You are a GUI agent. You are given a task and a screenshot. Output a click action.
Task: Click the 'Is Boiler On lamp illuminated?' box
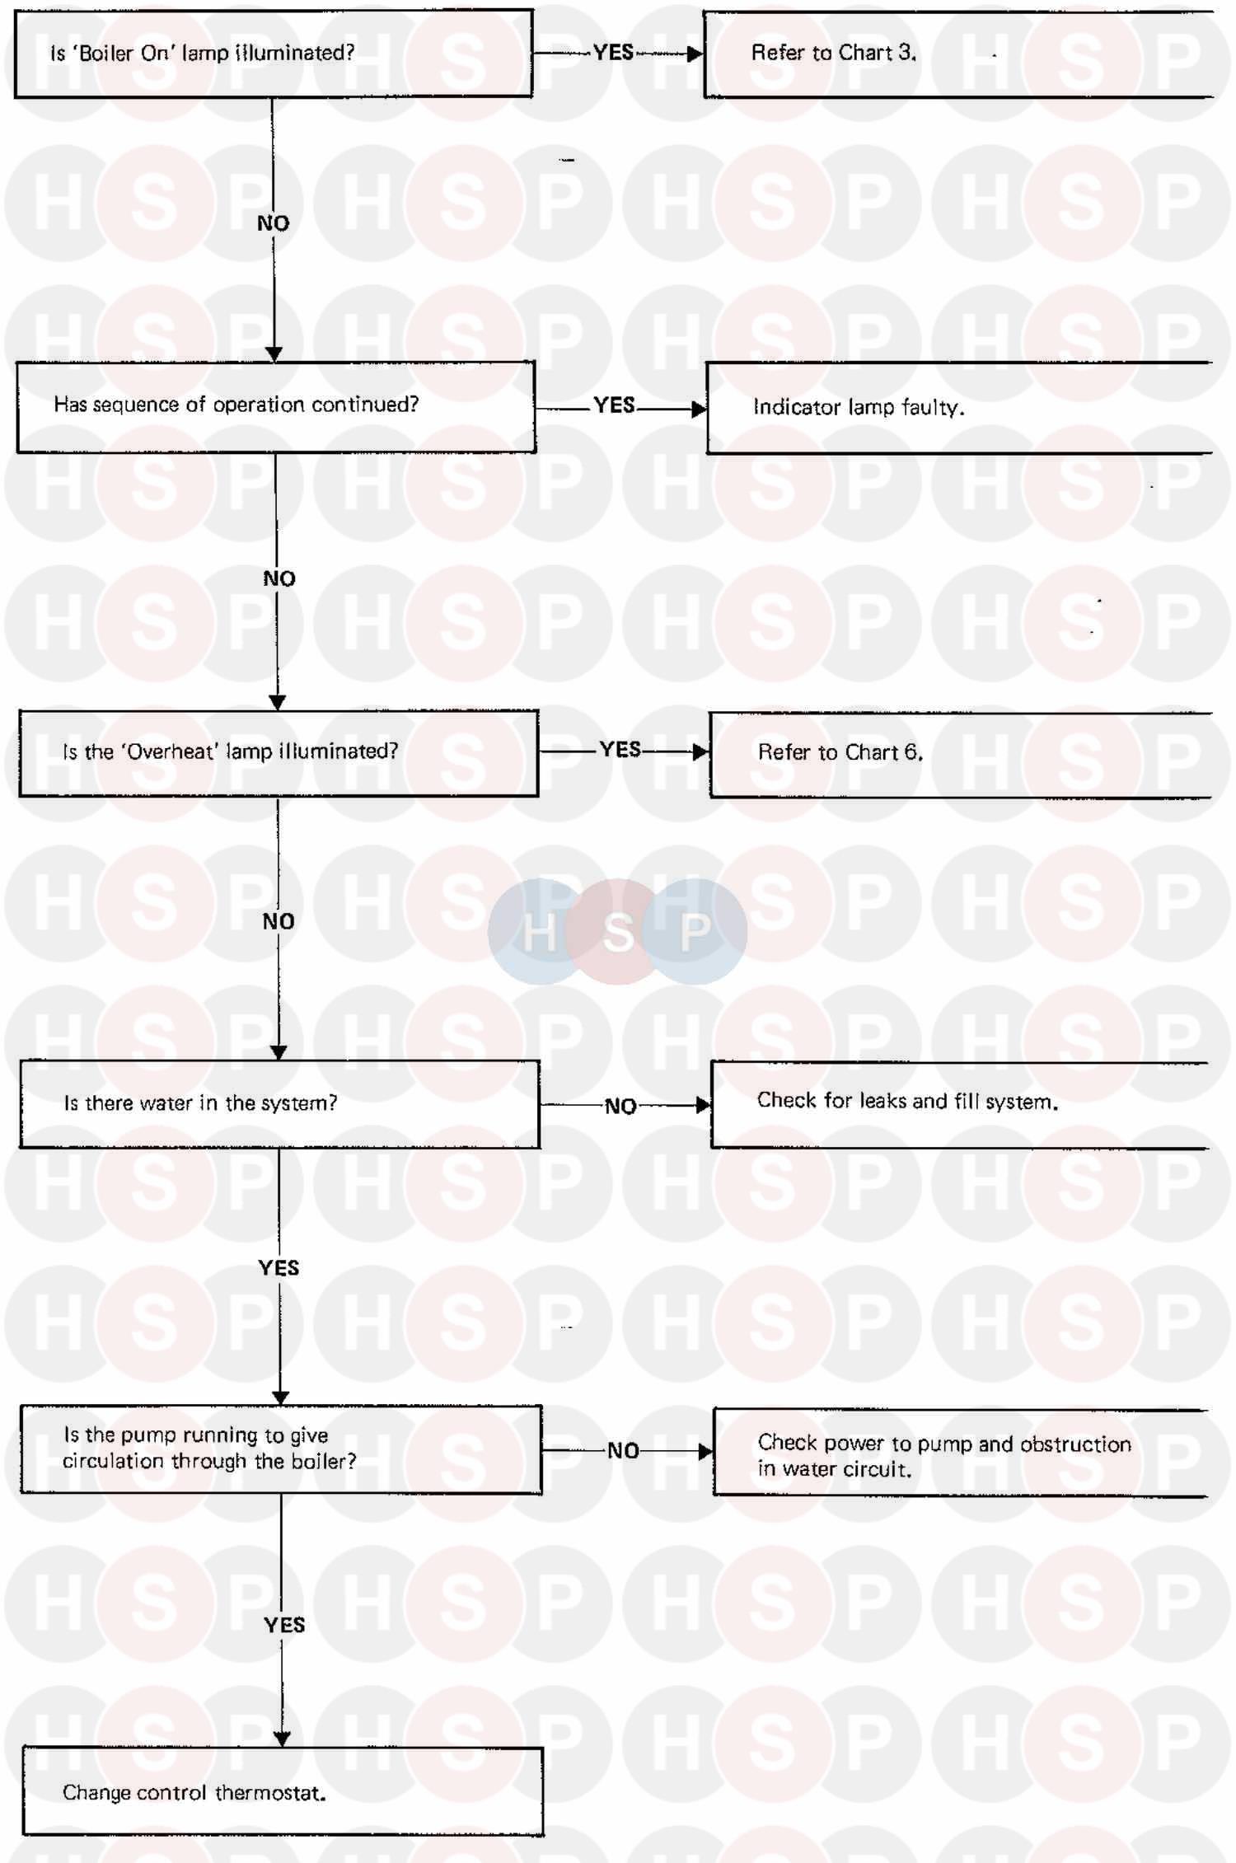point(273,54)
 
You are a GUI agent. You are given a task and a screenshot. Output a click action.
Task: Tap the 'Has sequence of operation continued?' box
point(276,407)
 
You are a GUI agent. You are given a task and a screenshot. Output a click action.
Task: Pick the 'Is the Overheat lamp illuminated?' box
point(279,753)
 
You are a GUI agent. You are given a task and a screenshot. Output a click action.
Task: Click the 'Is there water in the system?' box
point(279,1104)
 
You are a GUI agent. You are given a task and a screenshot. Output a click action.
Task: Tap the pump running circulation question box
point(281,1449)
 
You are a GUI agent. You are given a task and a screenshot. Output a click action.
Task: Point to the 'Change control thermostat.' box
point(283,1791)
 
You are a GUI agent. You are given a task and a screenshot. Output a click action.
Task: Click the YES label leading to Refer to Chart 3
point(613,53)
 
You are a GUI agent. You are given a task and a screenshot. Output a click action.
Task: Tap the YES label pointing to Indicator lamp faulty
point(615,405)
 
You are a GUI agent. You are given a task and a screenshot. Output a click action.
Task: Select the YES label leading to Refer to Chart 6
point(620,750)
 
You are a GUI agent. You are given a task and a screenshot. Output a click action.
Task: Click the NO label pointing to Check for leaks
point(620,1106)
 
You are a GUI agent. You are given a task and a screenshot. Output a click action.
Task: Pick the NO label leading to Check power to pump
point(623,1450)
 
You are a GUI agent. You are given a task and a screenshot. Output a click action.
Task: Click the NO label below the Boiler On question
point(274,223)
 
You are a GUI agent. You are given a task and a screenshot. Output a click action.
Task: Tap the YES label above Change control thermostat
point(284,1625)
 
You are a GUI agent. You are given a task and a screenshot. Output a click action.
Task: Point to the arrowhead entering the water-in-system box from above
point(279,1052)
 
